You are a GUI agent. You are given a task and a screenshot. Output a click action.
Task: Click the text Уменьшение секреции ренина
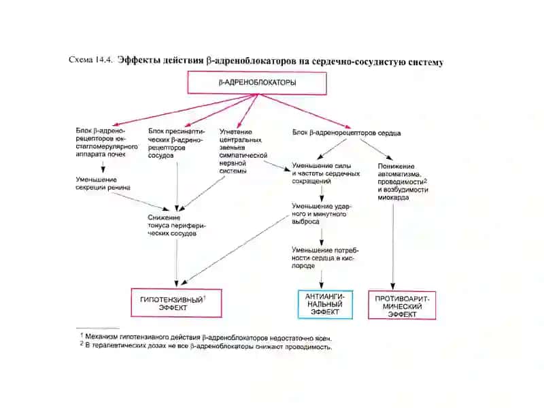click(x=103, y=184)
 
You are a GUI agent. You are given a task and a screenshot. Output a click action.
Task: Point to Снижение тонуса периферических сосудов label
click(x=177, y=226)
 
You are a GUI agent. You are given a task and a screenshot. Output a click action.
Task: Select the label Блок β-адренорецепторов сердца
click(x=346, y=133)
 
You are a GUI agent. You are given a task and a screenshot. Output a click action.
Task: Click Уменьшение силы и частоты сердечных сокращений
click(x=326, y=173)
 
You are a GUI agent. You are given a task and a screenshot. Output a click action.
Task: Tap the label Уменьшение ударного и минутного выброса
click(x=322, y=214)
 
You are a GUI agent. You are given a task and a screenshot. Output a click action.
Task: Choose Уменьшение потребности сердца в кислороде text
click(x=325, y=258)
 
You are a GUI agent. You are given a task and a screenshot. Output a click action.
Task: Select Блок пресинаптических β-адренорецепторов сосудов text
click(x=176, y=143)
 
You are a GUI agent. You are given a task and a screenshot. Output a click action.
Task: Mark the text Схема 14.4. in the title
click(x=91, y=60)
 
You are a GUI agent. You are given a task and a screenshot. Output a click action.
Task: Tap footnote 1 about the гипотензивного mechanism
click(x=206, y=337)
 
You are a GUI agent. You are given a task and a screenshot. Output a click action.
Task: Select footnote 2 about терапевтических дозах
click(x=206, y=346)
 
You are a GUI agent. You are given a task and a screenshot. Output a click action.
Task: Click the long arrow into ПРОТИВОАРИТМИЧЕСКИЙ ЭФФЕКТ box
click(x=393, y=247)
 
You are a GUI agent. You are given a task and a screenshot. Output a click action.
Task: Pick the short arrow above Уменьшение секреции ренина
click(x=103, y=168)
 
